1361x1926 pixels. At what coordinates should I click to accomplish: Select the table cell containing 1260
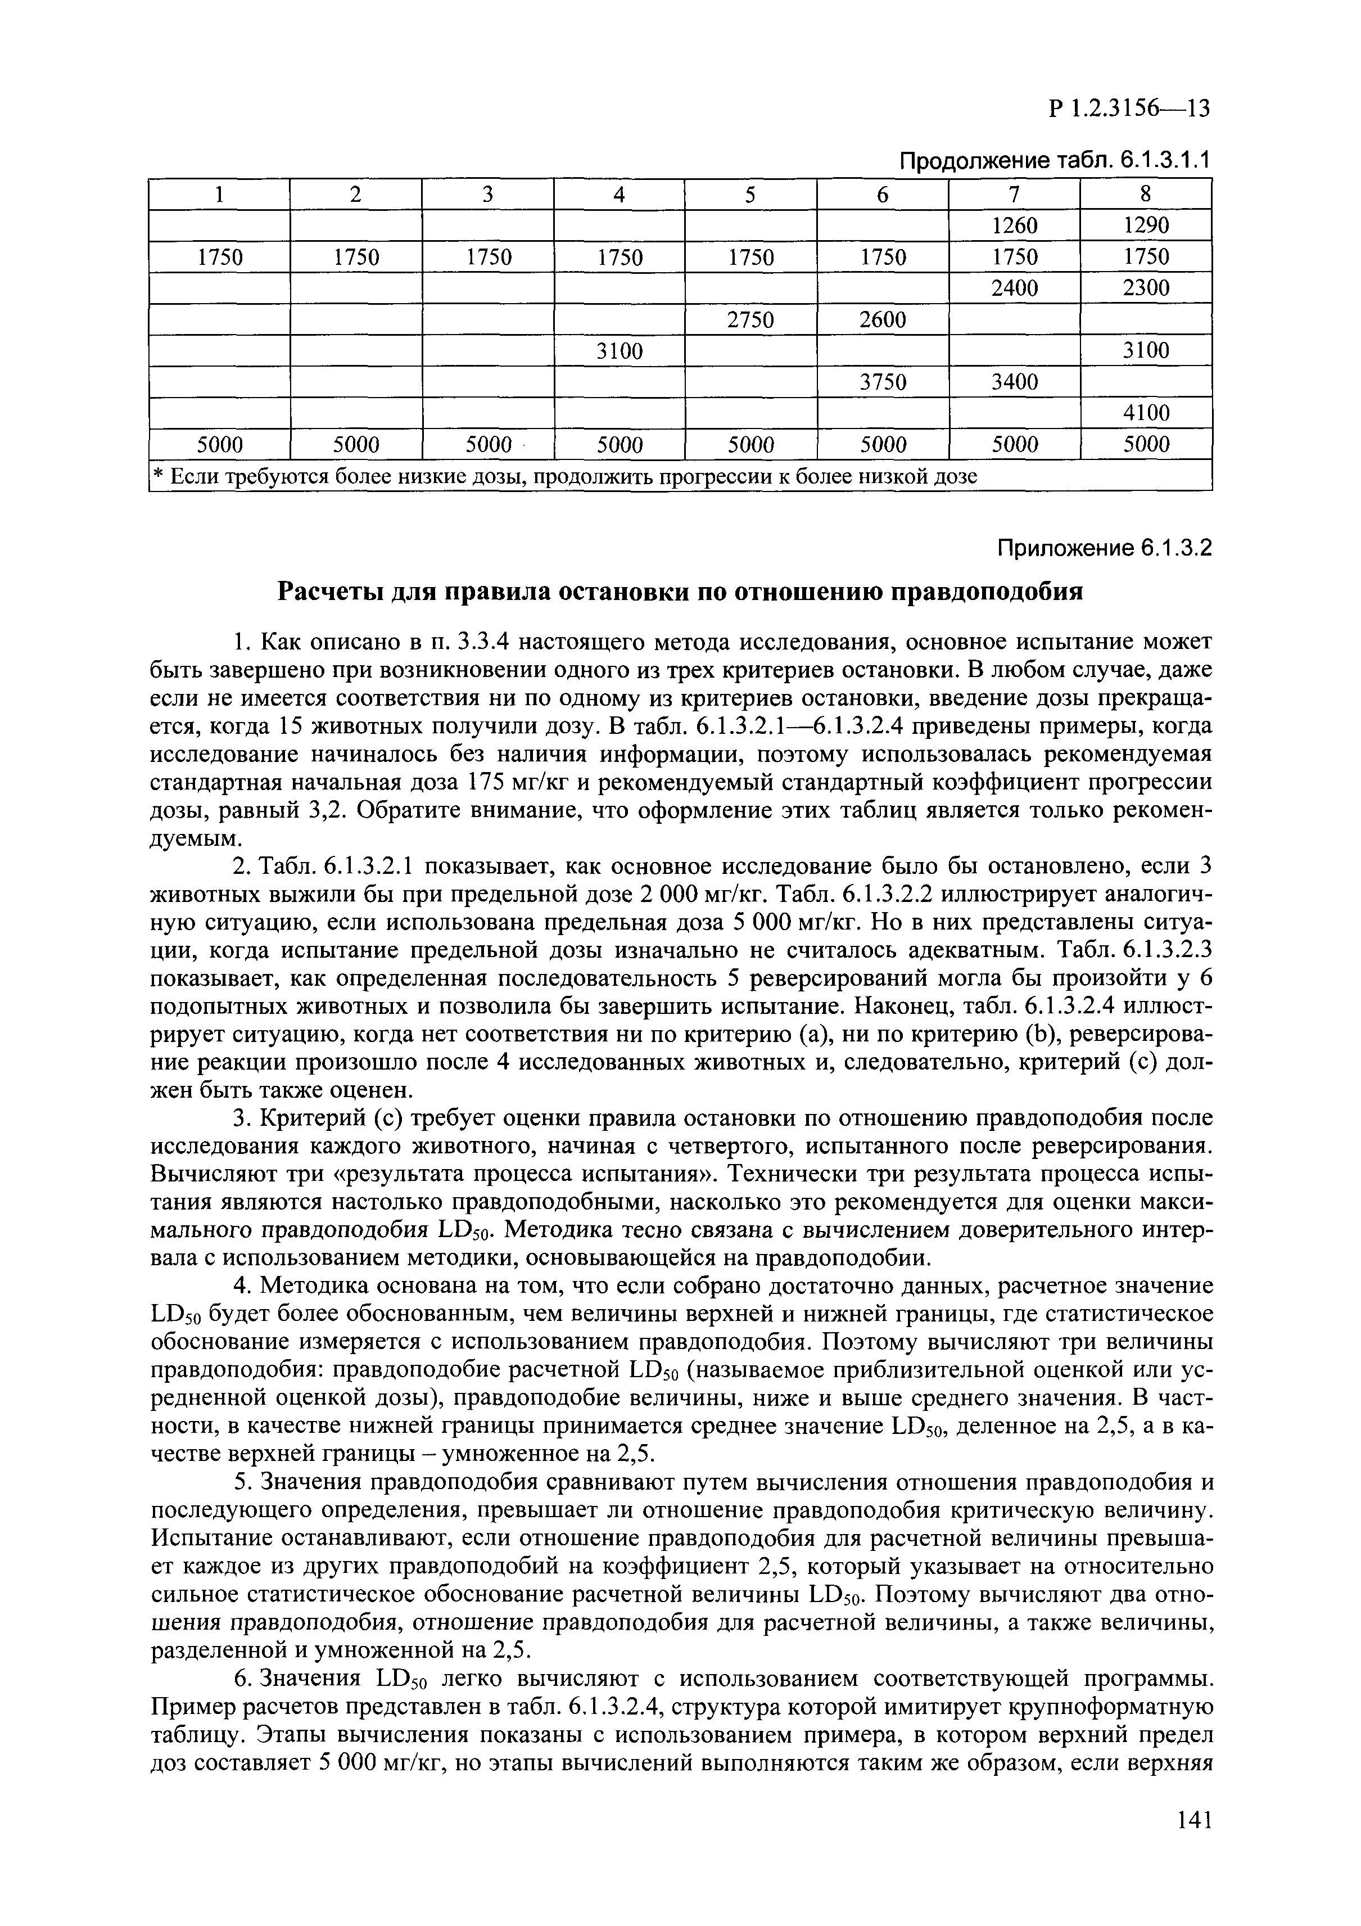(x=1014, y=225)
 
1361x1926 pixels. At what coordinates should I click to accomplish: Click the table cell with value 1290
(x=1146, y=225)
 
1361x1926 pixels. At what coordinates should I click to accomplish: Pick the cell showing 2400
(x=1014, y=288)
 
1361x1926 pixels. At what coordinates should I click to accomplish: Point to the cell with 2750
(x=750, y=319)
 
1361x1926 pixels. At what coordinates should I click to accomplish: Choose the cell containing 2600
(x=882, y=319)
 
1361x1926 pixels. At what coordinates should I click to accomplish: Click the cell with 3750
(x=882, y=382)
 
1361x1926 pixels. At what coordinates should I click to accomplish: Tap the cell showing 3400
(x=1014, y=382)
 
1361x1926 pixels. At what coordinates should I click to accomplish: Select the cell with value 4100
(x=1146, y=413)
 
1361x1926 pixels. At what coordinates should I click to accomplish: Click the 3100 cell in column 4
(x=619, y=351)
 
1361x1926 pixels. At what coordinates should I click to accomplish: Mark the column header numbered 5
(x=750, y=195)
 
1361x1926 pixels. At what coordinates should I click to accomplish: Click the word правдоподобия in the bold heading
(x=986, y=592)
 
